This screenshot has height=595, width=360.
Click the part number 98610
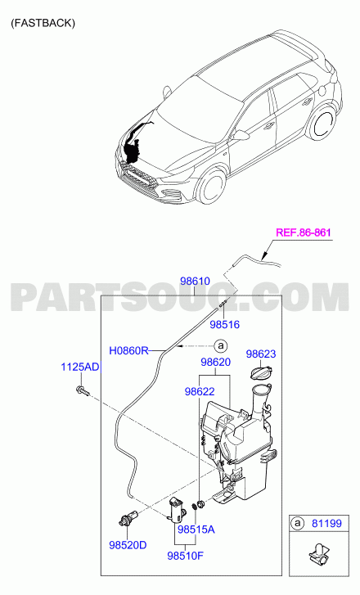pos(195,282)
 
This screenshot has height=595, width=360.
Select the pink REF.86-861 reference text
pos(303,232)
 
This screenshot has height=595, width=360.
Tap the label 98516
pos(225,324)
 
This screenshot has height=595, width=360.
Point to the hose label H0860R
pos(128,350)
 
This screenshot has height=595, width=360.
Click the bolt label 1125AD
pos(80,367)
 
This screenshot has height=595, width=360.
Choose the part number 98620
pos(215,362)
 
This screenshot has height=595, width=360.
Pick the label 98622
pos(200,391)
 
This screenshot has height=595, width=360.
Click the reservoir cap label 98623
pos(261,354)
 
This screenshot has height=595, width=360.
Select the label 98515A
pos(196,529)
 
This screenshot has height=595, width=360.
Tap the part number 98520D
pos(128,545)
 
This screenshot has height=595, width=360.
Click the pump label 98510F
pos(185,556)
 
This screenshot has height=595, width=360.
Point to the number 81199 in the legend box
pos(326,523)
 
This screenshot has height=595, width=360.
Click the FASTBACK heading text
pos(43,23)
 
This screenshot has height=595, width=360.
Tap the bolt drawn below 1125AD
pos(83,390)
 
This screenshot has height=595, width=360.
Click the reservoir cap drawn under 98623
pos(261,371)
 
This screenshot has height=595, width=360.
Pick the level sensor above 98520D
pos(128,518)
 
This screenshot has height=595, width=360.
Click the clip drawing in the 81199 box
pos(318,558)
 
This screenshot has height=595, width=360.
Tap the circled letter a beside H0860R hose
pos(220,346)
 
